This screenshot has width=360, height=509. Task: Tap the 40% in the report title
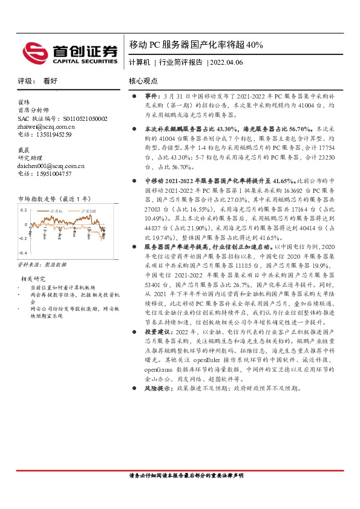(x=255, y=45)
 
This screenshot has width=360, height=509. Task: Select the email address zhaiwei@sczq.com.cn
(x=47, y=127)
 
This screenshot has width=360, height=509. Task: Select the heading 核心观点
(x=143, y=81)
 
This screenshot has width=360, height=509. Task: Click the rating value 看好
(x=50, y=81)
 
